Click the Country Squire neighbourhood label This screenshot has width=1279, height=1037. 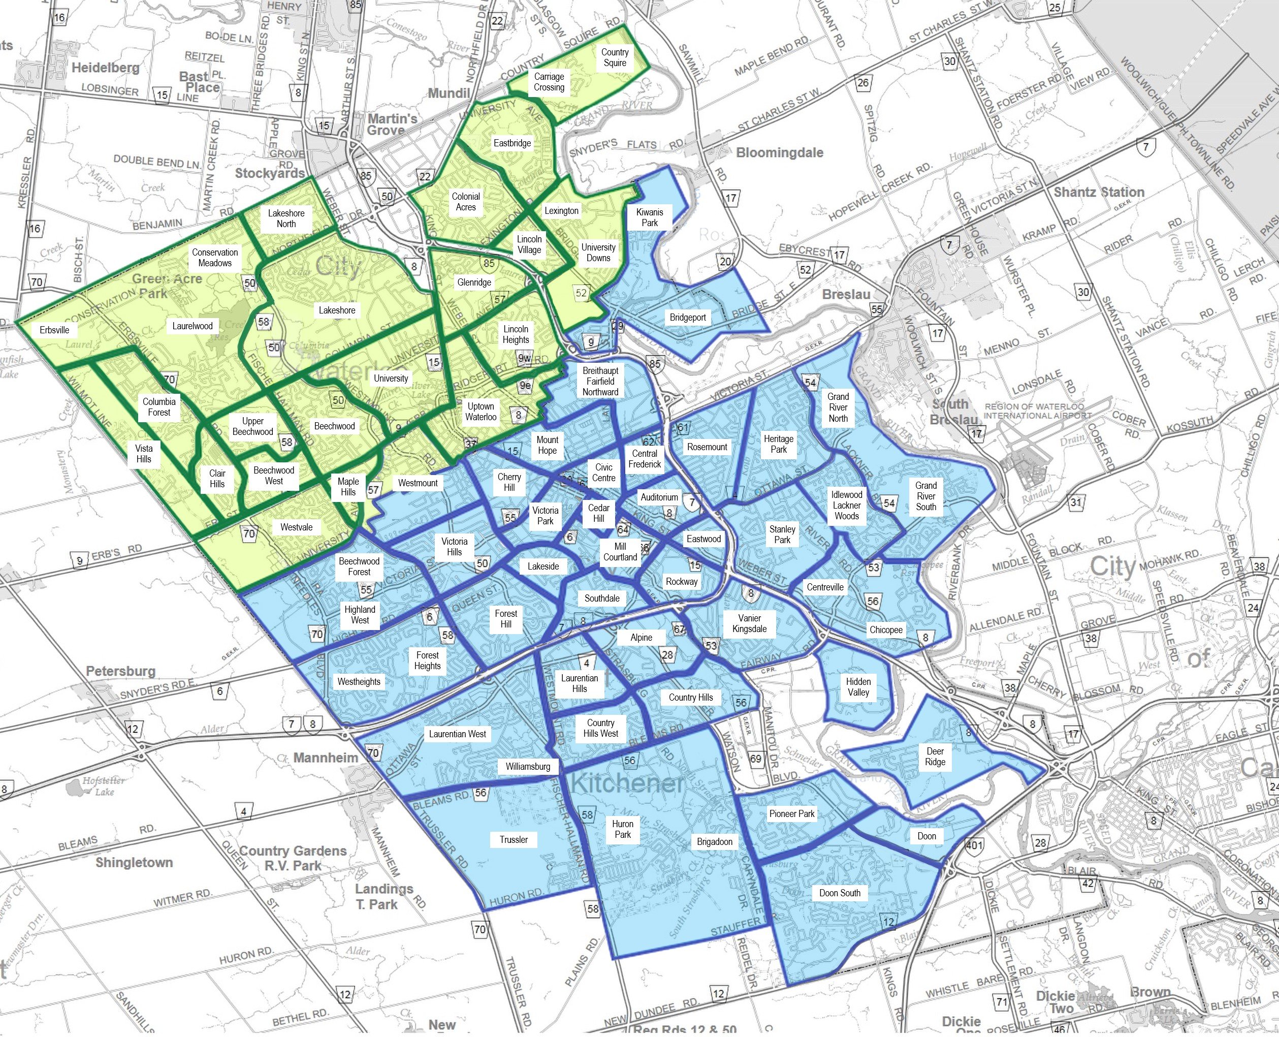click(615, 57)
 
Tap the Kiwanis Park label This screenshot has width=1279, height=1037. click(650, 217)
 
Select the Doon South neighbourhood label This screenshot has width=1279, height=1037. click(840, 893)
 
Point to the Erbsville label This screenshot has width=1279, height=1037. click(54, 330)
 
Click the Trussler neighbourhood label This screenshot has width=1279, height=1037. click(514, 839)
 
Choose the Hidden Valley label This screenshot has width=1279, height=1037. click(858, 687)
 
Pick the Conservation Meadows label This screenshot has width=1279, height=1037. click(215, 258)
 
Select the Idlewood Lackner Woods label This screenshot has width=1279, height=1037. click(847, 506)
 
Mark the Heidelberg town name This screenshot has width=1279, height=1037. click(105, 68)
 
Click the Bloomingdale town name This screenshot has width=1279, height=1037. click(779, 153)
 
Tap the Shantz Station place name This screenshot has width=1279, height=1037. click(1099, 193)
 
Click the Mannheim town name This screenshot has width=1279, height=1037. click(326, 758)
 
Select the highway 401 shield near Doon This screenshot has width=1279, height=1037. click(974, 845)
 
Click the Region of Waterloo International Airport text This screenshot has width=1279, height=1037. click(1037, 411)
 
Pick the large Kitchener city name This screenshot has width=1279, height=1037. click(626, 783)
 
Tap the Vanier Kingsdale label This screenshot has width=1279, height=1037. click(749, 623)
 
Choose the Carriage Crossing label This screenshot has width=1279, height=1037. click(549, 82)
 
